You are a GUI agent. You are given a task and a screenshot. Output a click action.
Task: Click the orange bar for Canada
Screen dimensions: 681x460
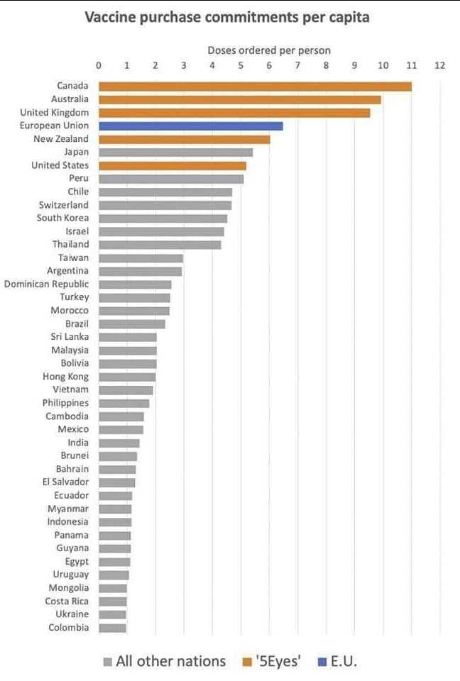[255, 87]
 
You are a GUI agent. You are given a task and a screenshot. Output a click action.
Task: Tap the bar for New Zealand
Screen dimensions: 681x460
[184, 139]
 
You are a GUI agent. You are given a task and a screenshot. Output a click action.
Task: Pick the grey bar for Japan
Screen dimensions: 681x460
[175, 152]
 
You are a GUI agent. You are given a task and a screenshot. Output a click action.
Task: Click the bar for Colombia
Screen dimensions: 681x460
[112, 628]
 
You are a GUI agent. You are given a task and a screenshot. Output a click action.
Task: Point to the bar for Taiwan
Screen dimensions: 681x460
[141, 258]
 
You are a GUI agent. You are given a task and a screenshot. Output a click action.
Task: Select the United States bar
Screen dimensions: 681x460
[172, 165]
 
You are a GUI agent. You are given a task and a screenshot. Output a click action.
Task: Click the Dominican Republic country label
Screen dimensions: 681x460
[47, 284]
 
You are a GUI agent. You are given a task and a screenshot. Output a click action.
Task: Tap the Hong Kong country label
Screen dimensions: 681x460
[65, 377]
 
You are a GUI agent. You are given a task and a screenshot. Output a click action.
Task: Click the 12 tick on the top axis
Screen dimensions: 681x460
[439, 65]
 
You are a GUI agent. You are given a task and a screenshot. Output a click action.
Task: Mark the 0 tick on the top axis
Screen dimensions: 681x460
[99, 65]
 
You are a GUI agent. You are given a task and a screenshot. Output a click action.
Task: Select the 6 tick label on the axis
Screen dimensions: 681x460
[269, 65]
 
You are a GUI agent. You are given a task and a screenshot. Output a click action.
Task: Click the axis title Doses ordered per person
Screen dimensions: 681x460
[269, 50]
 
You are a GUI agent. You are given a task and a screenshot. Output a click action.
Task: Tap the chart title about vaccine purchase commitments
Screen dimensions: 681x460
[227, 18]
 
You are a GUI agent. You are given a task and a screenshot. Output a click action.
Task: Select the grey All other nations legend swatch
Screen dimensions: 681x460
[107, 663]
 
